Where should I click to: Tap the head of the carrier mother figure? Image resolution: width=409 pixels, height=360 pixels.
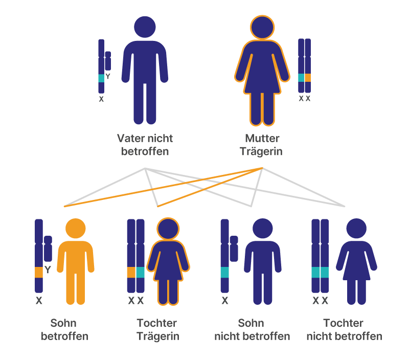click(262, 27)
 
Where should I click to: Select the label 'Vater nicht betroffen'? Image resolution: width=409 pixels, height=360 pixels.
click(145, 145)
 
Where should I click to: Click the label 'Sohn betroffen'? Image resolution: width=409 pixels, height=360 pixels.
click(64, 330)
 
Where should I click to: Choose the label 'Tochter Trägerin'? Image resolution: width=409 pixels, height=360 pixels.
click(157, 330)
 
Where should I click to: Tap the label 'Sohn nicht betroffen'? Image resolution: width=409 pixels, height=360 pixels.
click(252, 330)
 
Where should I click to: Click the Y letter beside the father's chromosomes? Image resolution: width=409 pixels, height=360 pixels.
click(108, 77)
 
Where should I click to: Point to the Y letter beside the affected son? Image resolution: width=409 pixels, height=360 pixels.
click(48, 270)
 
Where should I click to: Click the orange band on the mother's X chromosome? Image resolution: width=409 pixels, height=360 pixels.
click(308, 78)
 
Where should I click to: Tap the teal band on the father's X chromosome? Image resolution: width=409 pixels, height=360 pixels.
click(101, 78)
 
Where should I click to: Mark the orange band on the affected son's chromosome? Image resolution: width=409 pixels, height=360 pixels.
click(38, 272)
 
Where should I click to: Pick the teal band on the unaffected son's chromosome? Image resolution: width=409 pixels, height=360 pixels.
click(224, 272)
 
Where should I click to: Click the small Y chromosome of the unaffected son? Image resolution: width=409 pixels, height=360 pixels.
click(234, 249)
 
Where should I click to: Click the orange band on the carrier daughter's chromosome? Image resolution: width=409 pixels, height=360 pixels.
click(131, 272)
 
